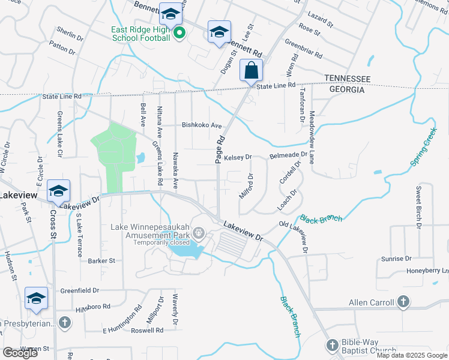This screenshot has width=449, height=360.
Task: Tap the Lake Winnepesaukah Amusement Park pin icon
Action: click(x=200, y=233)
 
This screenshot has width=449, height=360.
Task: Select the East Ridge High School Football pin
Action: click(x=179, y=34)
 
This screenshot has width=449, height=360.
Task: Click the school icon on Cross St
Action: click(x=58, y=191)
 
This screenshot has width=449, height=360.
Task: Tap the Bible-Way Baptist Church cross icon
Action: click(x=333, y=345)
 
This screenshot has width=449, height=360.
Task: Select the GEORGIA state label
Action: click(x=345, y=89)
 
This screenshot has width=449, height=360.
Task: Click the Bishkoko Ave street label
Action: click(x=202, y=126)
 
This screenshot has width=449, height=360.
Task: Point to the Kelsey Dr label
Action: click(x=238, y=157)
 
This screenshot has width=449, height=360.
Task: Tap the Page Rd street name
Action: click(x=220, y=150)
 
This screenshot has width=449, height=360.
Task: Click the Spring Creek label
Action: click(x=423, y=146)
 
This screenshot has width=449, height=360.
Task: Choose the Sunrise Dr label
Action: click(x=396, y=259)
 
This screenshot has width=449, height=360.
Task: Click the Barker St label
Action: click(x=101, y=261)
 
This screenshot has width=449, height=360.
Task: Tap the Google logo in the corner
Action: click(x=20, y=352)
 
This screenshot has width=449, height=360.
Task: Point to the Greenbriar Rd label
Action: click(x=303, y=49)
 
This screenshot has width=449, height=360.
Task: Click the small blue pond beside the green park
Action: click(x=140, y=158)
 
